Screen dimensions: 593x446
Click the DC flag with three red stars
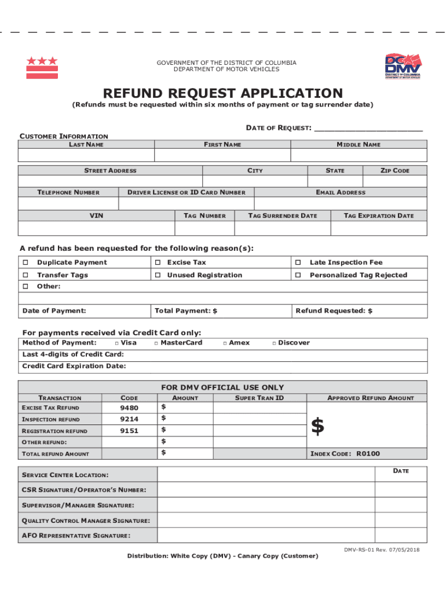pyautogui.click(x=42, y=68)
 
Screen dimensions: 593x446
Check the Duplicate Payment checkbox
pyautogui.click(x=25, y=262)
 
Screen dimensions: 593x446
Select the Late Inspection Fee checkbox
pyautogui.click(x=298, y=262)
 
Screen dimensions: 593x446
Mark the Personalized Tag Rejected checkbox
pyautogui.click(x=298, y=275)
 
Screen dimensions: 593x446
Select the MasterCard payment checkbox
pyautogui.click(x=156, y=343)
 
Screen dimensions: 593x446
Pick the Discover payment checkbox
pyautogui.click(x=274, y=343)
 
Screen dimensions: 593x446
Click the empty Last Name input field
pyautogui.click(x=86, y=155)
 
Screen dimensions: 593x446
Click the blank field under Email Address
pyautogui.click(x=341, y=203)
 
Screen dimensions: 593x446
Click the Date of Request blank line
pyautogui.click(x=368, y=128)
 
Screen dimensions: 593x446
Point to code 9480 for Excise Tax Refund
pyautogui.click(x=129, y=408)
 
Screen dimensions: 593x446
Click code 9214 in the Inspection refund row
pyautogui.click(x=129, y=419)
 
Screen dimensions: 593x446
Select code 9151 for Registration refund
pyautogui.click(x=129, y=430)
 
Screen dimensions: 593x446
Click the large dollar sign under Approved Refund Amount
pyautogui.click(x=317, y=427)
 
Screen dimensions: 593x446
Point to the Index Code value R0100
pyautogui.click(x=368, y=453)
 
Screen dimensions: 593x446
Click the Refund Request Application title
pyautogui.click(x=223, y=93)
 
